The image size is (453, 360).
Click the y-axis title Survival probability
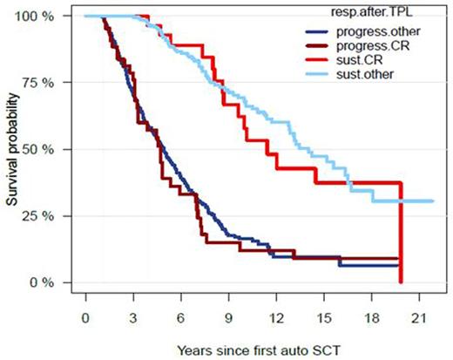tap(11, 149)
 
